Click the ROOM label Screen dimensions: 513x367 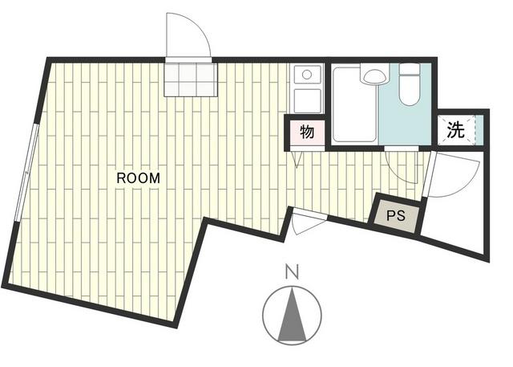(x=139, y=178)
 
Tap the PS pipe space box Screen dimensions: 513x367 (x=396, y=216)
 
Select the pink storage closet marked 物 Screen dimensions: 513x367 (x=306, y=132)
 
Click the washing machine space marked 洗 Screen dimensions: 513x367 (x=456, y=130)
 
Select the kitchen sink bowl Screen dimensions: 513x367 (x=307, y=75)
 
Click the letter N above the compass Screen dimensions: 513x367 (x=292, y=272)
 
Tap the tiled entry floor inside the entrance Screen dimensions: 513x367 (x=191, y=80)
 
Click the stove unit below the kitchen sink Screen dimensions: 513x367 (x=307, y=100)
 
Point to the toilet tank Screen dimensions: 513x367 (x=410, y=69)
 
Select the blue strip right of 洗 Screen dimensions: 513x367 (x=479, y=130)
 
